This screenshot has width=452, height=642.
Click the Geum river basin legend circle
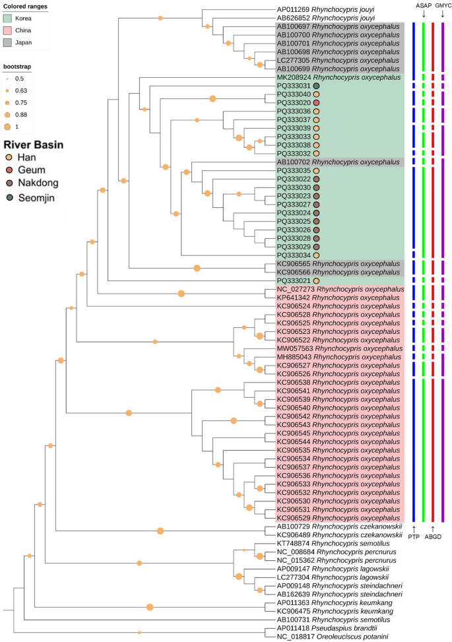pyautogui.click(x=9, y=170)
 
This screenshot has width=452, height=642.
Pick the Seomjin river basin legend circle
pyautogui.click(x=9, y=196)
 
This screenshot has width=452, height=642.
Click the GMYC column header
pyautogui.click(x=443, y=5)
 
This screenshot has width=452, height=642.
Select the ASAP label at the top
pyautogui.click(x=423, y=5)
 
